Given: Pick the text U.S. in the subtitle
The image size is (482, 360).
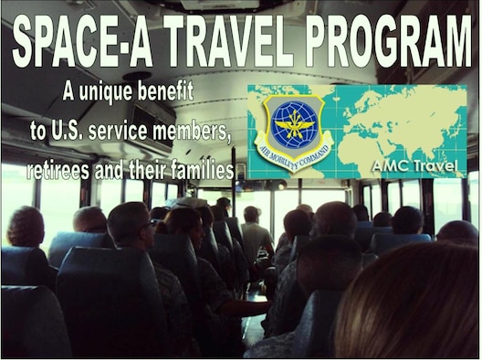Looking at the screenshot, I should coord(68,131).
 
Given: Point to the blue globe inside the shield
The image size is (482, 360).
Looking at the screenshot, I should coord(293,124).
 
